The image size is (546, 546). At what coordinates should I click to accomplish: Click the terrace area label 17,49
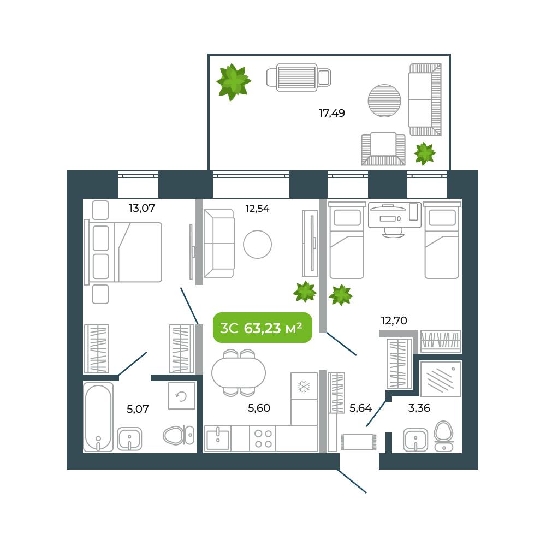click(x=332, y=114)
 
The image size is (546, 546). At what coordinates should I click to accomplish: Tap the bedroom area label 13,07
click(x=142, y=208)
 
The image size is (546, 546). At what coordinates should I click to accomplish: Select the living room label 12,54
click(x=257, y=209)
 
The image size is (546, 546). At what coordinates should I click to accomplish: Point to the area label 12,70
click(x=394, y=321)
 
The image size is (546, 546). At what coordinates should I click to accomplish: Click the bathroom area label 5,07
click(x=138, y=409)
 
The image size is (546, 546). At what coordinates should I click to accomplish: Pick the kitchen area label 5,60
click(x=259, y=408)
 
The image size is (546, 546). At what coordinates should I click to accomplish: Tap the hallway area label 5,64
click(x=360, y=408)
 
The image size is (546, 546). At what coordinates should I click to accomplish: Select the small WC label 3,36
click(x=419, y=408)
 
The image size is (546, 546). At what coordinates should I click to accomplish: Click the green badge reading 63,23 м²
click(x=263, y=328)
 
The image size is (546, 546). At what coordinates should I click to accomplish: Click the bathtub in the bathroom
click(x=98, y=417)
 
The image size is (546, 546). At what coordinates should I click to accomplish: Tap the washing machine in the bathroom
click(x=182, y=396)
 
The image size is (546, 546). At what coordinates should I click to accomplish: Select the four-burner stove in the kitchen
click(x=263, y=438)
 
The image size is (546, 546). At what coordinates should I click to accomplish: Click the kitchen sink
click(x=218, y=439)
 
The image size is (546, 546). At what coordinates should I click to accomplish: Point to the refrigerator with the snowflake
click(x=304, y=387)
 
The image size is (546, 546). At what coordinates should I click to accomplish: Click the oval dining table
click(x=239, y=373)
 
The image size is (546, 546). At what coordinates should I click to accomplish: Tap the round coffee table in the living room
click(x=257, y=245)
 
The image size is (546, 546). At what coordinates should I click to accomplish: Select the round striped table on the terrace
click(x=384, y=100)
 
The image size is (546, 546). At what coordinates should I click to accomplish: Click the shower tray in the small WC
click(x=441, y=379)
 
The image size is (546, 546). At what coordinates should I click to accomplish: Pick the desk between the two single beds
click(x=394, y=216)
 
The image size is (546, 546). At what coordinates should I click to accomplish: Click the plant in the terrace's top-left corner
click(x=233, y=82)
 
